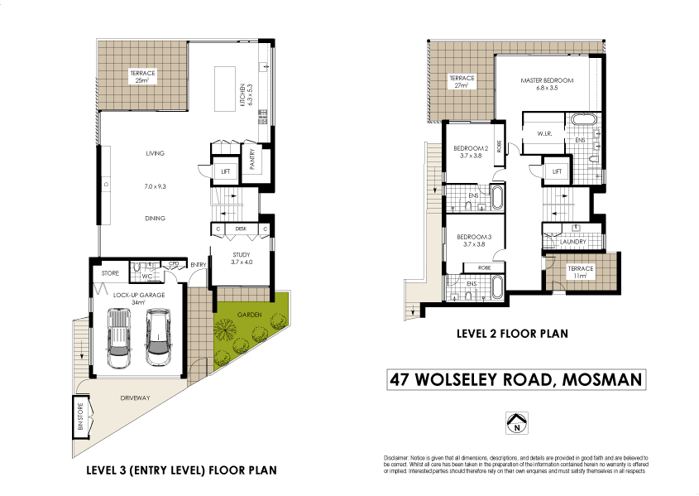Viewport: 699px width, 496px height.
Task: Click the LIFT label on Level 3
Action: point(225,171)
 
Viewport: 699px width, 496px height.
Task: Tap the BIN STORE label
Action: point(80,414)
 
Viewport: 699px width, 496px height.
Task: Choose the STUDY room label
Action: point(241,256)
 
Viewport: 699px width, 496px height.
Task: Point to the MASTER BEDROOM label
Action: point(547,80)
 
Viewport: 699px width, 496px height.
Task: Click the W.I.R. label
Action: point(544,133)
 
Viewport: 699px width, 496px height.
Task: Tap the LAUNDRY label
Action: point(567,242)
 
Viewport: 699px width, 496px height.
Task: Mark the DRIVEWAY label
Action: point(134,398)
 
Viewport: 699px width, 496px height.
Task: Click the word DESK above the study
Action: point(241,229)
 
